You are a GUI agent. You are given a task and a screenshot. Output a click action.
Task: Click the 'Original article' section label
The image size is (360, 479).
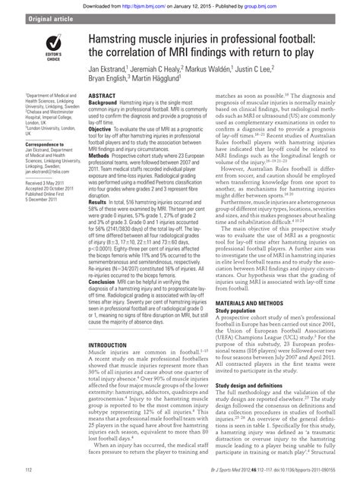(31, 17)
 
